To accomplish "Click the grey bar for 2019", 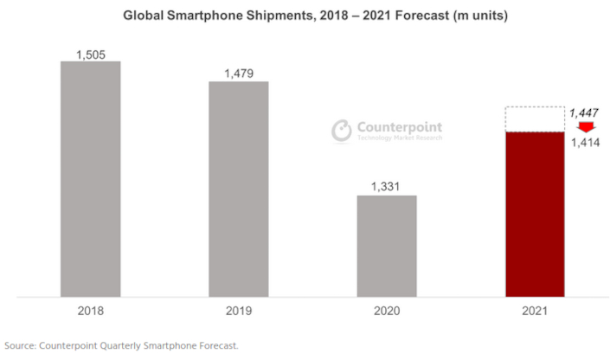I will click(x=238, y=190).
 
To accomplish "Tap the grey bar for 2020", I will click(x=386, y=246).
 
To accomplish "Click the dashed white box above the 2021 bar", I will click(x=535, y=119).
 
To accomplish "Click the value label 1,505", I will click(x=90, y=54).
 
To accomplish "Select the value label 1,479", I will click(x=238, y=74).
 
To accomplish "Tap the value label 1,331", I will click(x=386, y=187).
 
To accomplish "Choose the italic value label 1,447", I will click(x=581, y=112).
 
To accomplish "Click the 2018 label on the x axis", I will click(x=90, y=311).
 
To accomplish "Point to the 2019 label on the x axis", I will click(x=238, y=311).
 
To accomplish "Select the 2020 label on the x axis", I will click(x=386, y=311).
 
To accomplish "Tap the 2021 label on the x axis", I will click(x=535, y=311).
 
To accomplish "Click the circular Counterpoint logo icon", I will click(x=343, y=130).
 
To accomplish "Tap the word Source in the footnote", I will click(x=21, y=345).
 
